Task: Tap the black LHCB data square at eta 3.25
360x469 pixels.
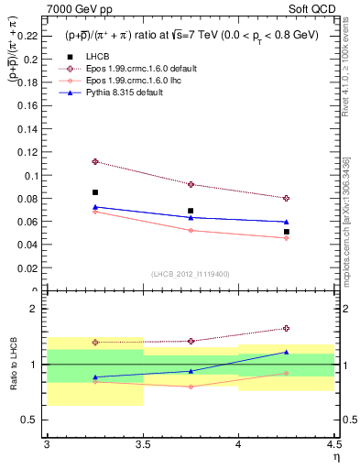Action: [95, 192]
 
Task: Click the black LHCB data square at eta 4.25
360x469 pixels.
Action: [287, 232]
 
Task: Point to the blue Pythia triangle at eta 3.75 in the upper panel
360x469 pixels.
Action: [191, 217]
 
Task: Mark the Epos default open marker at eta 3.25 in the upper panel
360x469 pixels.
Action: [95, 161]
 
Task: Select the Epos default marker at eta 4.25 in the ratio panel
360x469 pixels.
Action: [287, 328]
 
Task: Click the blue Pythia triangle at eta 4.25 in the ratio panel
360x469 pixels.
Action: [287, 352]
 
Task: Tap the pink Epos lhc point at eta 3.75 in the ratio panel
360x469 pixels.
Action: [191, 387]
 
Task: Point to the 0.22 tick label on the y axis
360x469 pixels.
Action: [29, 37]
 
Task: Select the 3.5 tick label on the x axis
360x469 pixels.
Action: [143, 446]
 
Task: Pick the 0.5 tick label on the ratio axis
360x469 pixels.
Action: [33, 420]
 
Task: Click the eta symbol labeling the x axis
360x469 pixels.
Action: [336, 457]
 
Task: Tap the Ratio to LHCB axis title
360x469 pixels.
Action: [13, 371]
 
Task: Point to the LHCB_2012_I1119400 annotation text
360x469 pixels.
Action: [191, 274]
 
